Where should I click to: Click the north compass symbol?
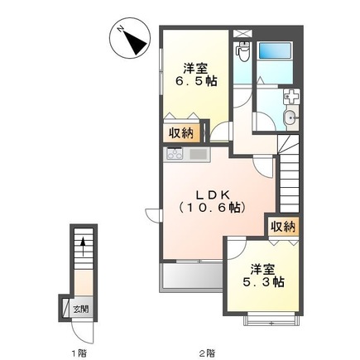[x=130, y=37]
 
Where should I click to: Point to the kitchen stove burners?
[x=175, y=154]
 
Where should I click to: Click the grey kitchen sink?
[x=199, y=154]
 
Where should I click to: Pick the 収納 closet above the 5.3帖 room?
[x=281, y=225]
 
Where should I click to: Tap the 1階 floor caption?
[x=79, y=352]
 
